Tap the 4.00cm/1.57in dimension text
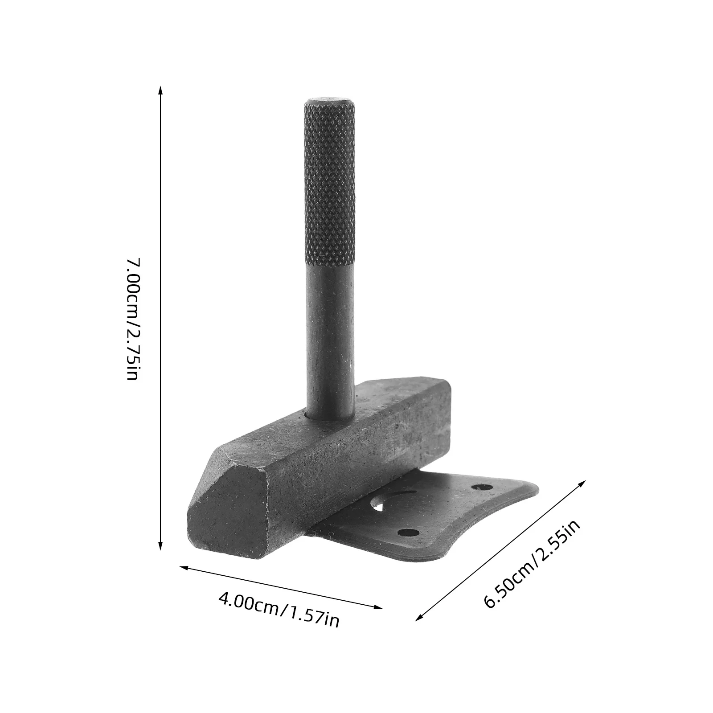coord(279,607)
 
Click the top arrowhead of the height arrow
coord(160,91)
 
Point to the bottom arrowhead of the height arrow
coord(160,546)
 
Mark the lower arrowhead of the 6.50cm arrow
coord(419,617)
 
